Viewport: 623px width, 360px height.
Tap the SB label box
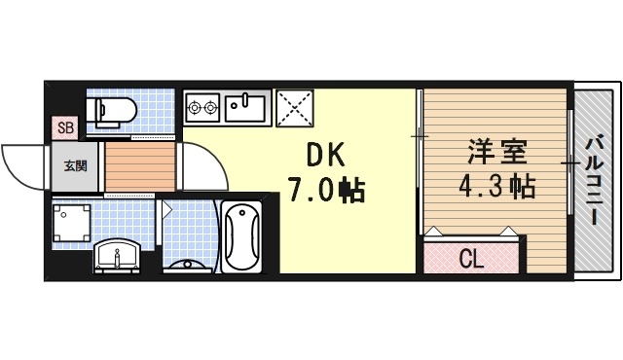click(64, 127)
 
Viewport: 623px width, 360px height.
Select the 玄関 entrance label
click(75, 165)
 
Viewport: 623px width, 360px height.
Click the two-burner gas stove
click(202, 106)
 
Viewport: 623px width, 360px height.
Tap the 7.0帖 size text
click(325, 189)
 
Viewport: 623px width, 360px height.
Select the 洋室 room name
click(496, 154)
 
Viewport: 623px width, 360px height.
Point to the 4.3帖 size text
click(496, 186)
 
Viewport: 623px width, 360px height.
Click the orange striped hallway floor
click(139, 166)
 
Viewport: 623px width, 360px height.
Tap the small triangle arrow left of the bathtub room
click(167, 208)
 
